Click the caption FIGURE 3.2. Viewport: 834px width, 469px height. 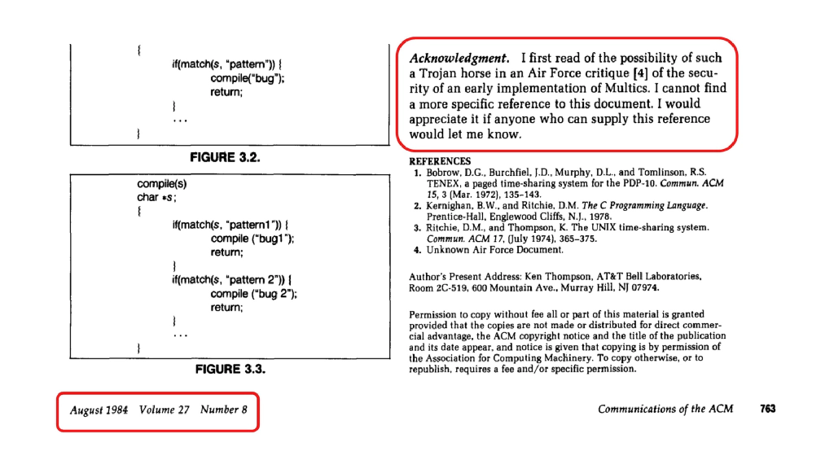coord(224,157)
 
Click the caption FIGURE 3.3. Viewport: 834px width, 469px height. coord(230,369)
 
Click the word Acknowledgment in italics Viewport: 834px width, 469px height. coord(459,58)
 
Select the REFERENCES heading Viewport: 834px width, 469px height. coord(440,161)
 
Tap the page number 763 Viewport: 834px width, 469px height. coord(767,410)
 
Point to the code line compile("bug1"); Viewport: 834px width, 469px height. coord(252,239)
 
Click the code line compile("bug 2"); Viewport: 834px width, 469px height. coord(253,294)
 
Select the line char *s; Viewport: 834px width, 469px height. coord(156,197)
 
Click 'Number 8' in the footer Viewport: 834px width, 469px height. coord(223,410)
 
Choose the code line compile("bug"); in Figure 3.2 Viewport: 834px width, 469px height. coord(247,78)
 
